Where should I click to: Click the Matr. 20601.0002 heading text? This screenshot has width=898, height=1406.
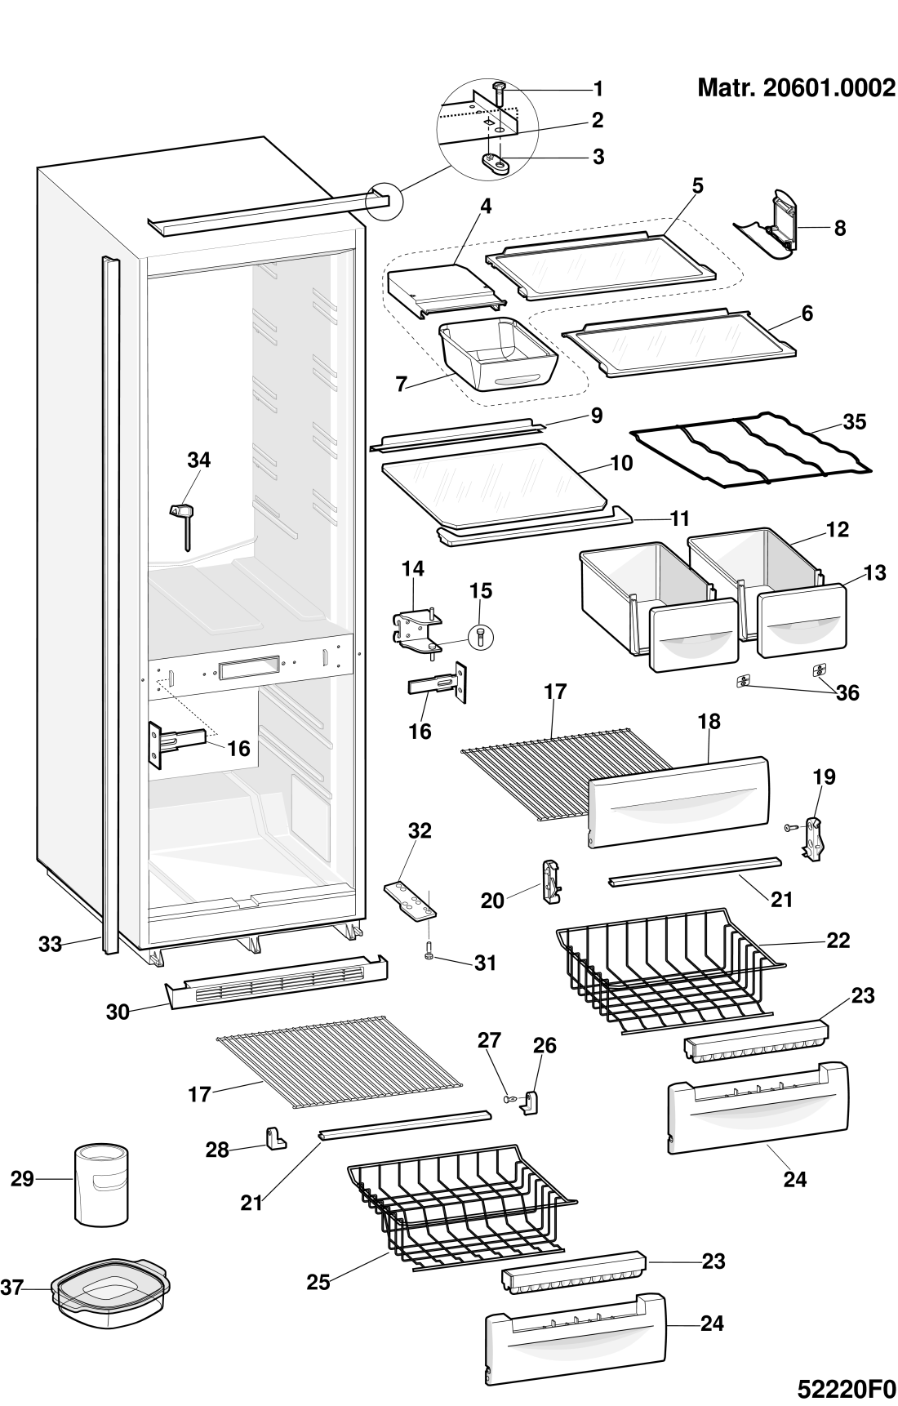tap(796, 87)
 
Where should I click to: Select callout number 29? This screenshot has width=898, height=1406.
tap(22, 1179)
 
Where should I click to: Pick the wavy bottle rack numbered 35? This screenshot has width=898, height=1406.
tap(750, 449)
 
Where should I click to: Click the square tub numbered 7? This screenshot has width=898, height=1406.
tap(498, 354)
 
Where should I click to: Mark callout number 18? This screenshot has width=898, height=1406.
tap(709, 721)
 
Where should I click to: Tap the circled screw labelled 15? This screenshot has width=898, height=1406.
tap(480, 636)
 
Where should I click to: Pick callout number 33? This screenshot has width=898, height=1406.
tap(50, 945)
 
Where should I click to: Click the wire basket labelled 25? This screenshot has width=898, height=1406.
tap(462, 1208)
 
